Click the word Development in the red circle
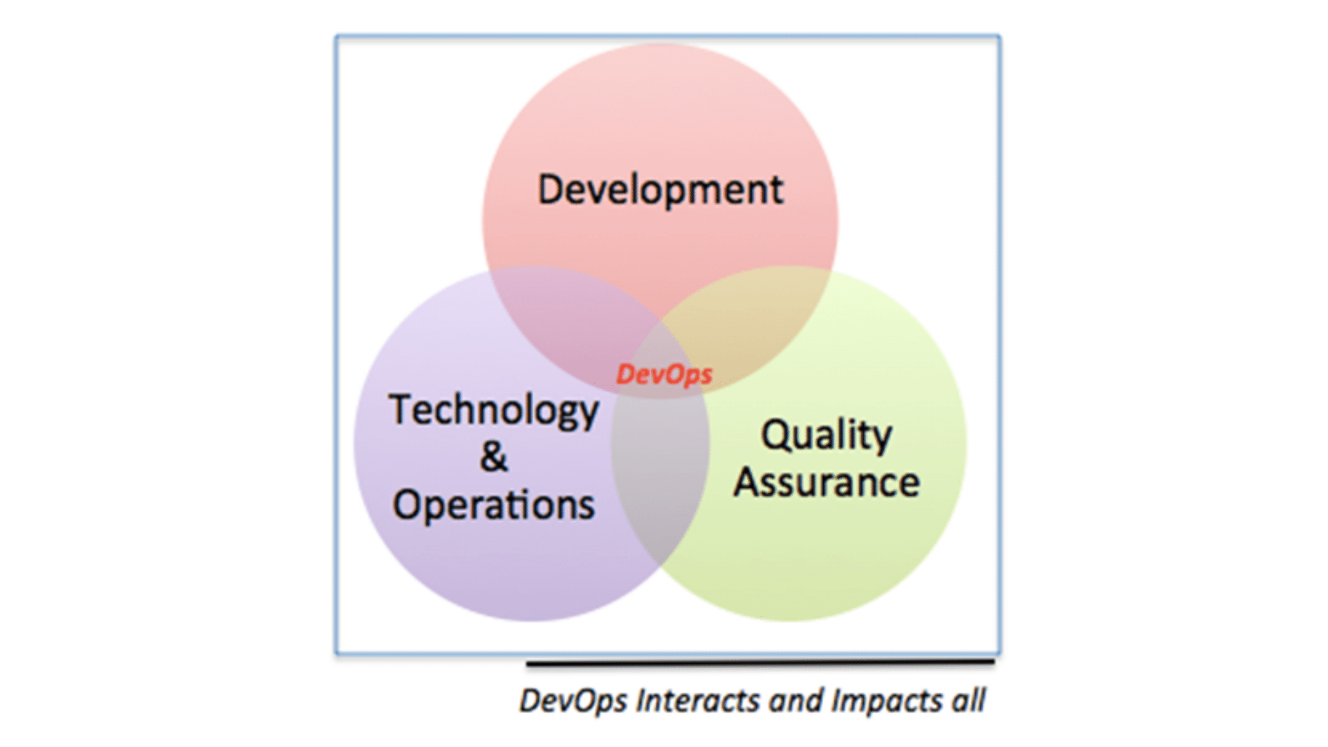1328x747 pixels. pyautogui.click(x=661, y=190)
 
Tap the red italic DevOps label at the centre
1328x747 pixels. pyautogui.click(x=664, y=374)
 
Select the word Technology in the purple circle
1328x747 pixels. pyautogui.click(x=494, y=411)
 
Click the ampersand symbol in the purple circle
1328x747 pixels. pyautogui.click(x=494, y=456)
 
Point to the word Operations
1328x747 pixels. pyautogui.click(x=494, y=504)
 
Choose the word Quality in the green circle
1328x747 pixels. pyautogui.click(x=827, y=436)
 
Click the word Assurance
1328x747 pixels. pyautogui.click(x=827, y=482)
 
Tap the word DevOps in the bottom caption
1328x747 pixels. pyautogui.click(x=573, y=701)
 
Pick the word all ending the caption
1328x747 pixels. pyautogui.click(x=968, y=700)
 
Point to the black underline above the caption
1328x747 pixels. pyautogui.click(x=760, y=663)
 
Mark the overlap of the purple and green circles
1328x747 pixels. pyautogui.click(x=659, y=477)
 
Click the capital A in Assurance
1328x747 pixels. pyautogui.click(x=748, y=482)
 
